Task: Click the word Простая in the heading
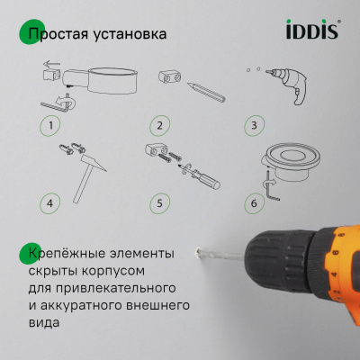[x=61, y=36]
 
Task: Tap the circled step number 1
[x=52, y=125]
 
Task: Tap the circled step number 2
[x=160, y=125]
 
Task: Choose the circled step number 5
[x=159, y=202]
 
